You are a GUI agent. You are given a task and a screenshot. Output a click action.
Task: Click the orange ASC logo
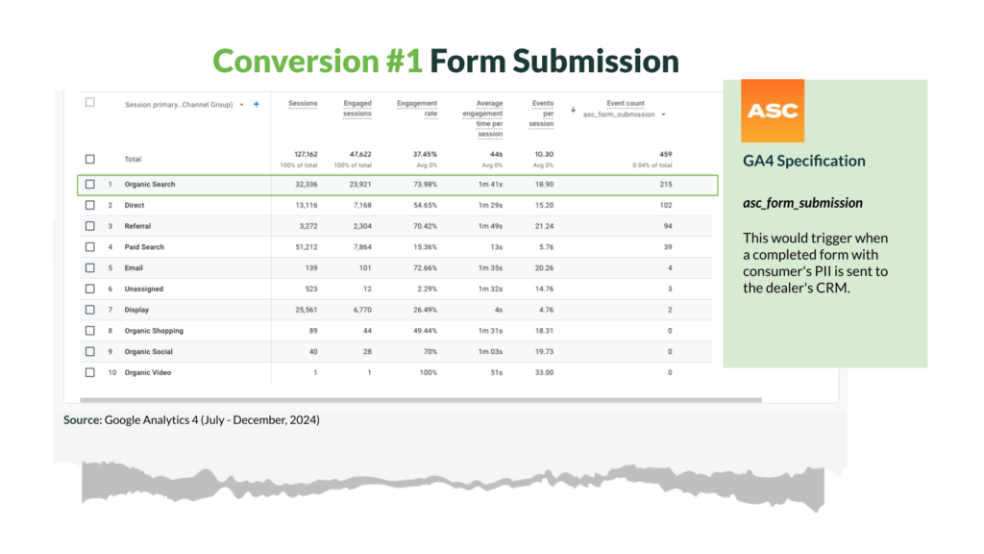772,111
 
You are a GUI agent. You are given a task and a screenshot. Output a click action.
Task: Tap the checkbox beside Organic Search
90,184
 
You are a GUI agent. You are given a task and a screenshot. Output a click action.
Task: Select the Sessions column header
303,103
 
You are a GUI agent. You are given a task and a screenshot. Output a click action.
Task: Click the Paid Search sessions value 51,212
307,247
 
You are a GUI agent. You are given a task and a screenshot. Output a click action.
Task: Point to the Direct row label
135,206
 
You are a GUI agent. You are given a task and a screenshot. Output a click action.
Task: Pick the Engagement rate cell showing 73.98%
425,184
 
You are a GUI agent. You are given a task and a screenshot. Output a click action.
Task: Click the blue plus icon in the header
256,104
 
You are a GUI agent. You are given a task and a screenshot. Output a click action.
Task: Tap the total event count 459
665,154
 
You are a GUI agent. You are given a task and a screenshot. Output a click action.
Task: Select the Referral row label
137,226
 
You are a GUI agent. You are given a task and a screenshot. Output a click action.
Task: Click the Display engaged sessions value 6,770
362,310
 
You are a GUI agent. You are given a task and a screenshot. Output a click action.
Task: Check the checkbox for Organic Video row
90,372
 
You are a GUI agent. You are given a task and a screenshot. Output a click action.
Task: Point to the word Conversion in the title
296,61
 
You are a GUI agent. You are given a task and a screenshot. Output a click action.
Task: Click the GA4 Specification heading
804,161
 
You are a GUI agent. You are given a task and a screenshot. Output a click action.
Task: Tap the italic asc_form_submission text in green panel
802,203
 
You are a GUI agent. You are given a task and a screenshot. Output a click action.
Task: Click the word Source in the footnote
83,419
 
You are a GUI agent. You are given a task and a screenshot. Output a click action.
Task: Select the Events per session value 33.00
544,372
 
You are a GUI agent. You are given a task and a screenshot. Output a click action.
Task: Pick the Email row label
134,268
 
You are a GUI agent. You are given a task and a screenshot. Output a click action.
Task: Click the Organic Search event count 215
666,184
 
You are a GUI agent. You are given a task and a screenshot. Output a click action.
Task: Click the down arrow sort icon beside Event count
573,110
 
